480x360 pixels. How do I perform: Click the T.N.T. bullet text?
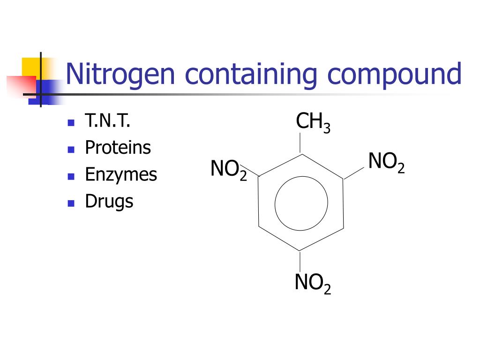point(107,121)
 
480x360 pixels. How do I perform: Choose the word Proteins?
point(118,148)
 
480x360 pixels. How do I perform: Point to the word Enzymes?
point(120,175)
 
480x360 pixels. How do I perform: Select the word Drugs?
point(109,202)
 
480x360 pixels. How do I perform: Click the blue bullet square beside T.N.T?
point(71,123)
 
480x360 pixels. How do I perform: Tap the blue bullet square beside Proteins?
point(71,150)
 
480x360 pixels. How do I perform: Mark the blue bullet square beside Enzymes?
point(71,176)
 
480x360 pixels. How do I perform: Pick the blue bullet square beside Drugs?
point(71,203)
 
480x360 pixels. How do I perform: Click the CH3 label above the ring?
point(313,123)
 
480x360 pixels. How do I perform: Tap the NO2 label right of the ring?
point(386,162)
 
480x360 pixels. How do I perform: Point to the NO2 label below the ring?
point(313,283)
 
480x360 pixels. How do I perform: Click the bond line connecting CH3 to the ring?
point(300,143)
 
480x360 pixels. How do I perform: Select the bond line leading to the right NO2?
point(354,172)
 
